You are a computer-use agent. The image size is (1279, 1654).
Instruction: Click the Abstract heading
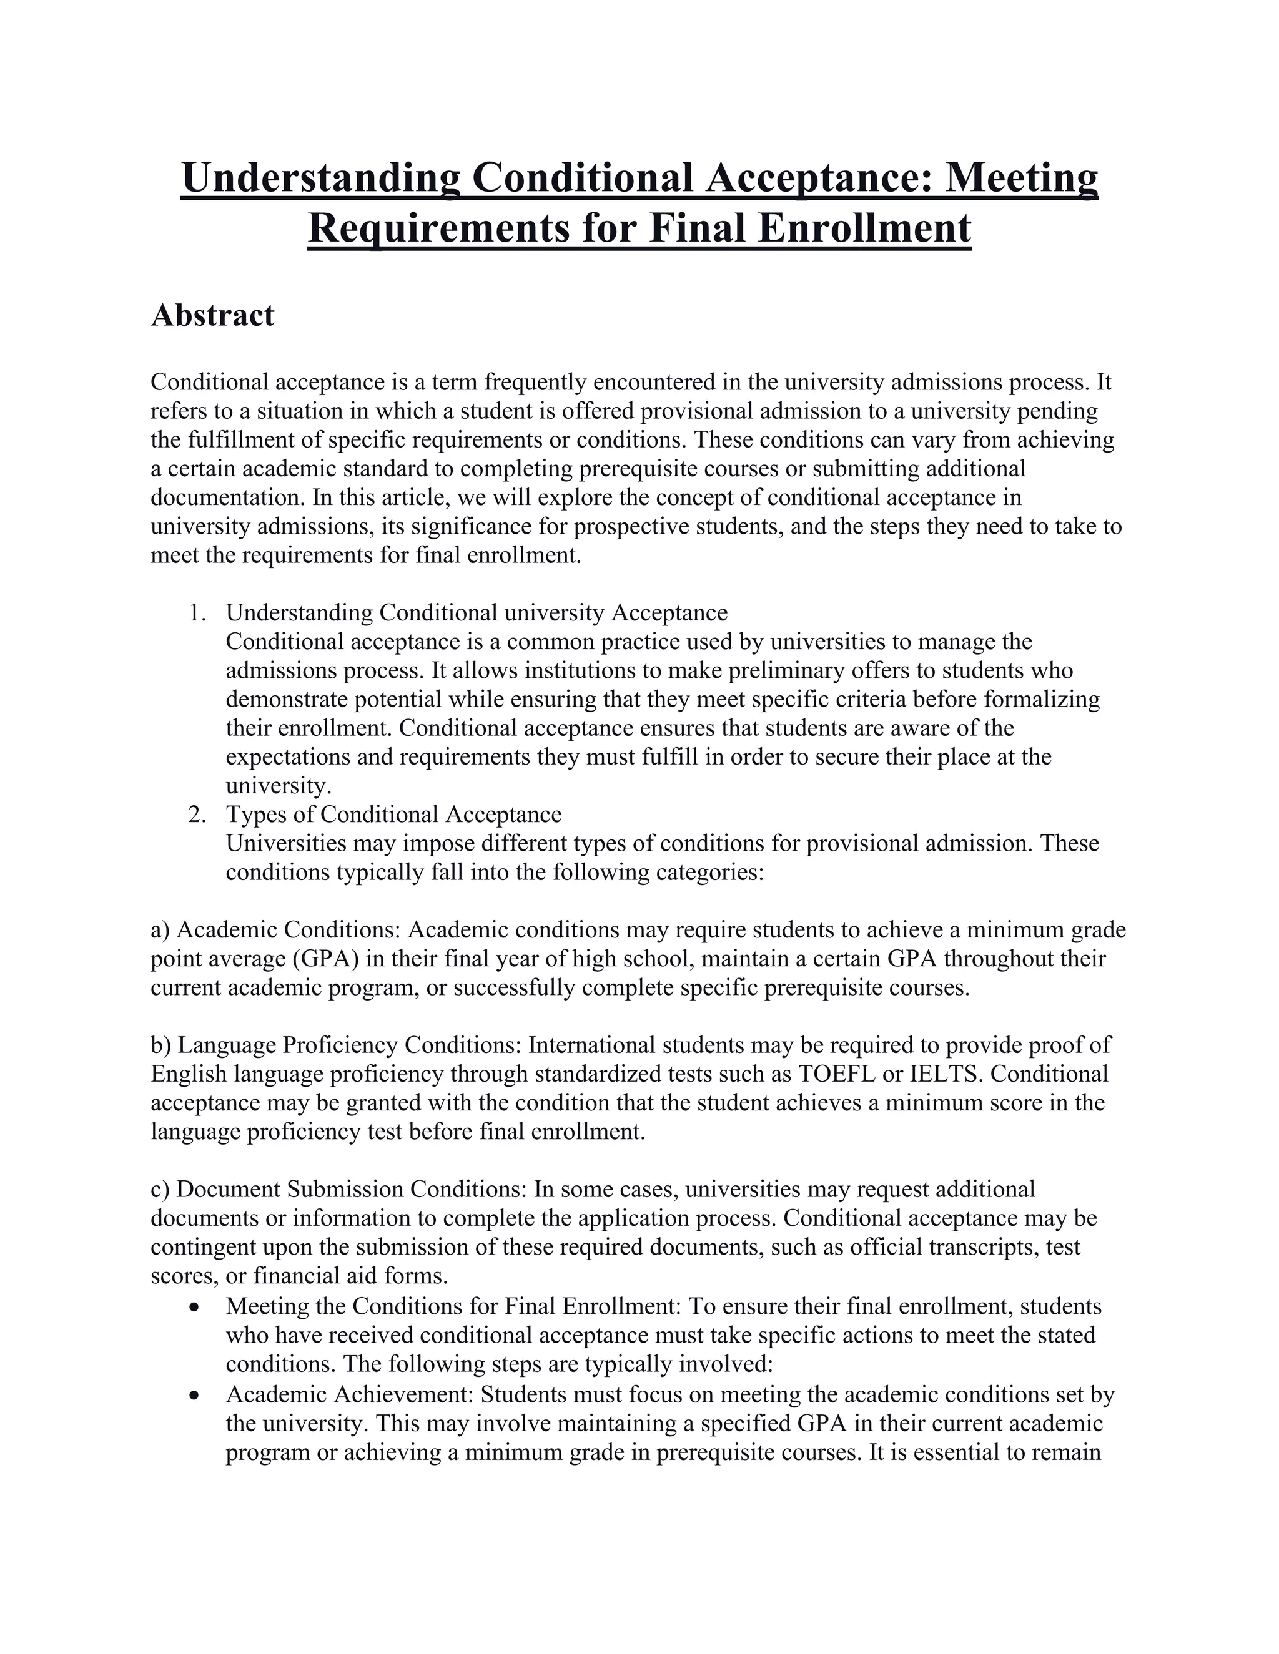tap(212, 316)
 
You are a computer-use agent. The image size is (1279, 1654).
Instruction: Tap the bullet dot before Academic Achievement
tap(196, 1394)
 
